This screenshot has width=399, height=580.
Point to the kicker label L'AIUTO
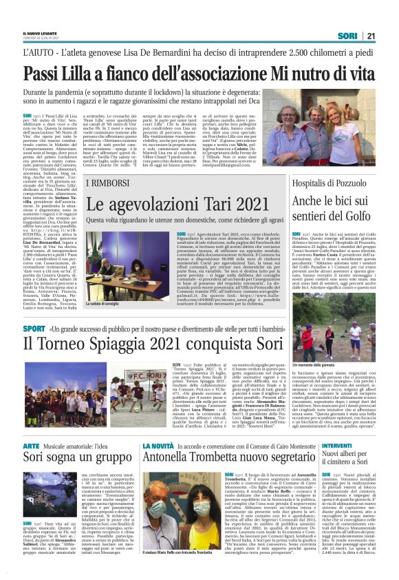tap(40, 52)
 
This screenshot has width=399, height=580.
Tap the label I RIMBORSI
tap(103, 183)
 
